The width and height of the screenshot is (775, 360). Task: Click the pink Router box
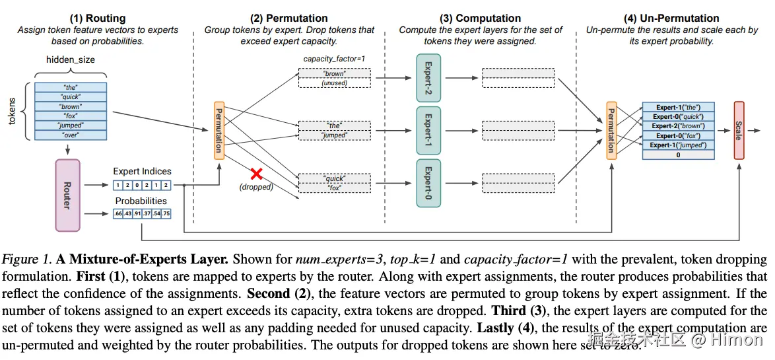click(67, 195)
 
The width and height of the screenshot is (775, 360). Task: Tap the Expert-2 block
click(428, 78)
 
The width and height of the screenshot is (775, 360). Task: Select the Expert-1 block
click(428, 130)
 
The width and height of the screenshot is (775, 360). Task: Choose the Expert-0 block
click(428, 183)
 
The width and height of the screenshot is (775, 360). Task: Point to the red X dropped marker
click(256, 174)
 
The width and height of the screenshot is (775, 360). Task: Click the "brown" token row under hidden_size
click(70, 106)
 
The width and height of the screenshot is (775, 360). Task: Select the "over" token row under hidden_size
click(70, 135)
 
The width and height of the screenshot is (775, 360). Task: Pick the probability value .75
click(166, 213)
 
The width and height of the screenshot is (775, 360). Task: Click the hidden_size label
click(70, 60)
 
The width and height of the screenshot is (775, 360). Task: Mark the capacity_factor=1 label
click(334, 59)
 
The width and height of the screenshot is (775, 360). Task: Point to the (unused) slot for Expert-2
click(334, 83)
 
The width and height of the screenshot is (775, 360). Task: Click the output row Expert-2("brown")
click(678, 126)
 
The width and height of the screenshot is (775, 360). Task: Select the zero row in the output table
click(678, 155)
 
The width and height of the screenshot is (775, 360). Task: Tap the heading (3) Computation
click(480, 18)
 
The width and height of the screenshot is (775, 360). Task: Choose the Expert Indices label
click(142, 172)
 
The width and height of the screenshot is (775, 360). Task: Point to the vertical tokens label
click(11, 111)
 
